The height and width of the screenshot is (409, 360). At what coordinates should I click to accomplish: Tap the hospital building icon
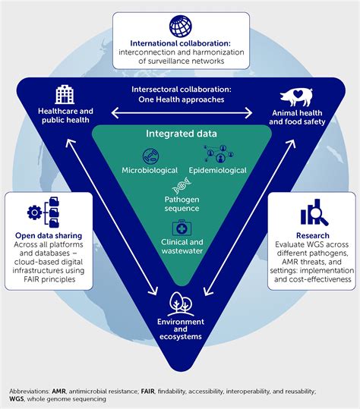tap(65, 95)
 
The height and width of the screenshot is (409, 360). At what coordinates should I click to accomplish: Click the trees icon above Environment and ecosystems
tap(180, 303)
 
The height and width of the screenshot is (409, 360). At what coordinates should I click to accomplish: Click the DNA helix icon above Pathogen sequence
tap(180, 185)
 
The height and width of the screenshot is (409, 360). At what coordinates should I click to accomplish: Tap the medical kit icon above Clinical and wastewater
tap(180, 227)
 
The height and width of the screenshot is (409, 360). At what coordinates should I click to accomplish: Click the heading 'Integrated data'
tap(180, 134)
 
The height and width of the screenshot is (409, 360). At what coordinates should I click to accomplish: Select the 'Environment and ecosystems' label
tap(180, 331)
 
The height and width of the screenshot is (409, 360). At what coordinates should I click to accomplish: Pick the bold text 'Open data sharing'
tap(49, 236)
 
